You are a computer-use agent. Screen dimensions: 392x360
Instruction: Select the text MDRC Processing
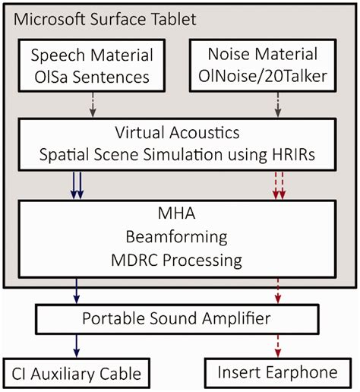pyautogui.click(x=180, y=261)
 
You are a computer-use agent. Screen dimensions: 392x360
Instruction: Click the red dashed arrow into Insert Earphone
pyautogui.click(x=279, y=345)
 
